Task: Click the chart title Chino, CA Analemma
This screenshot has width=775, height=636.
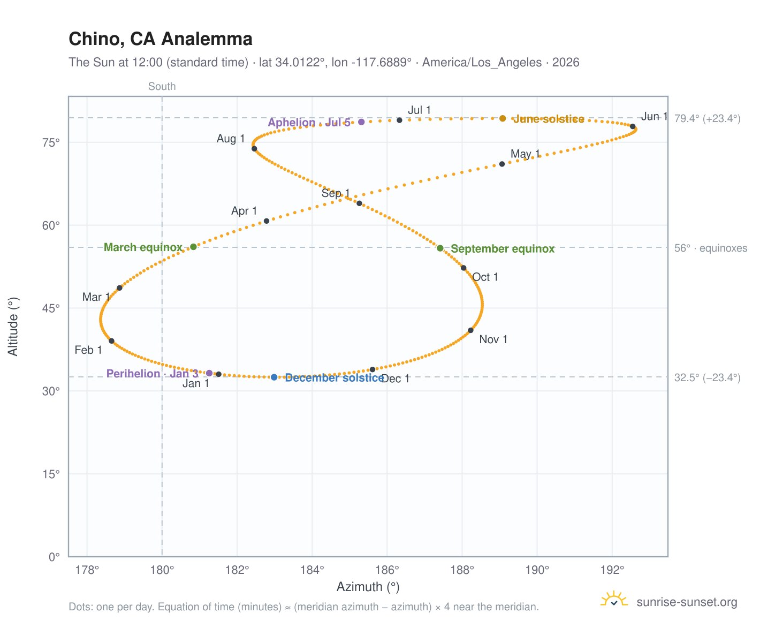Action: tap(160, 39)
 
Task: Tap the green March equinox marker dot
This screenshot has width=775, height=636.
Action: tap(193, 247)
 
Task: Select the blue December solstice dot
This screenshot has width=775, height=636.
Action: tap(274, 377)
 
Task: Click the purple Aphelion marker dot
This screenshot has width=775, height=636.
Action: tap(361, 122)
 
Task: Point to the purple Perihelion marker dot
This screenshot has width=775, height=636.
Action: tap(209, 373)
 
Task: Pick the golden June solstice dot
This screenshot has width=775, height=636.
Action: tap(503, 118)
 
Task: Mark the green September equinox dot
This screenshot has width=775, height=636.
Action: tap(440, 248)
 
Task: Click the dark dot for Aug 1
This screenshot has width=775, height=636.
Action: tap(254, 148)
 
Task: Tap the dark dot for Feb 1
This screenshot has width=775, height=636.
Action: tap(112, 341)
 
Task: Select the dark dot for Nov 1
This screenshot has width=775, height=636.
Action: tap(470, 330)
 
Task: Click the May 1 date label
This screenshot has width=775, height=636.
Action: tap(525, 154)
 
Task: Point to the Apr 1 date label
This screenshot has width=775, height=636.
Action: tap(244, 211)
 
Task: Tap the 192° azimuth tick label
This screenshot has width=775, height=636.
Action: tap(612, 570)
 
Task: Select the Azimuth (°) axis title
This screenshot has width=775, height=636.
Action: tap(368, 587)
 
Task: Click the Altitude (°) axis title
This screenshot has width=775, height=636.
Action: tap(13, 327)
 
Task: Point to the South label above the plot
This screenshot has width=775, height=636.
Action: tap(162, 86)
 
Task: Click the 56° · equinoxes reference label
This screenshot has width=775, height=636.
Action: tap(710, 248)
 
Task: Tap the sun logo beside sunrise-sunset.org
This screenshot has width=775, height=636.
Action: tap(614, 599)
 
